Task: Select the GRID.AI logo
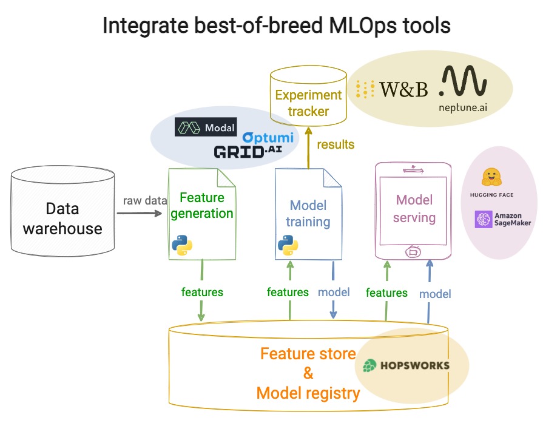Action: pos(248,151)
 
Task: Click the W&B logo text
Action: pos(403,90)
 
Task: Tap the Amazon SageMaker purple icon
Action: pos(484,219)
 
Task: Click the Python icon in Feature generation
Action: pos(182,245)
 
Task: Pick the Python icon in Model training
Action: pos(288,245)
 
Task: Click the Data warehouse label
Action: pos(62,218)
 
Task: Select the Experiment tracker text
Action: pos(308,103)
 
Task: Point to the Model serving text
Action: pos(414,208)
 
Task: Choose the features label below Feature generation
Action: pos(202,292)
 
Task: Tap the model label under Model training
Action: pos(334,292)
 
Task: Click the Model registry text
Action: pos(308,393)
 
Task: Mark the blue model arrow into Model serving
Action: pos(429,291)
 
